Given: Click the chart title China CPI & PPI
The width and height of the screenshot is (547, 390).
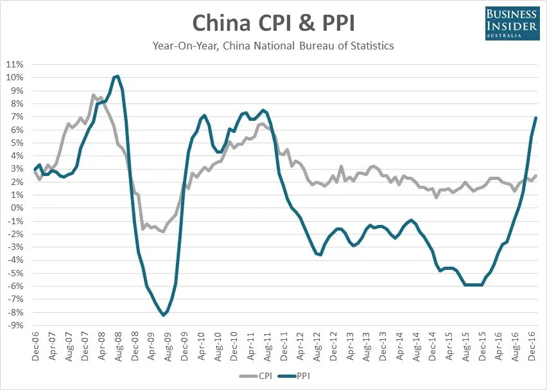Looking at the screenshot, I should pyautogui.click(x=273, y=23).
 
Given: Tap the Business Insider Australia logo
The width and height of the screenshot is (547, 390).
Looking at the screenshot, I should pyautogui.click(x=512, y=24).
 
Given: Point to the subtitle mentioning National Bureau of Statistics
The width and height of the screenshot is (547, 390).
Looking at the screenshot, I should pyautogui.click(x=273, y=46).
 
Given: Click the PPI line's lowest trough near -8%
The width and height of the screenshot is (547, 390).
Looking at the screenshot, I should pyautogui.click(x=163, y=315).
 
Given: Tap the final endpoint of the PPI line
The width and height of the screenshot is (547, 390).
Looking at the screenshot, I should pyautogui.click(x=536, y=118).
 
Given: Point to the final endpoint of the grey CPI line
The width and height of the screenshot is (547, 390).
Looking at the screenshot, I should pyautogui.click(x=536, y=175).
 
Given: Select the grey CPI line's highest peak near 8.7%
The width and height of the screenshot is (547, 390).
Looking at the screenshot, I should pyautogui.click(x=93, y=94).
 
